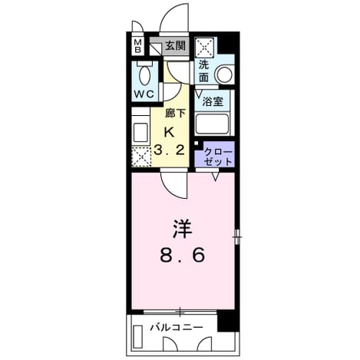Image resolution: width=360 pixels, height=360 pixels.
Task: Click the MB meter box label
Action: pos(138,46)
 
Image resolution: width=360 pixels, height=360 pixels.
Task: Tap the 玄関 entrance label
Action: pos(175,45)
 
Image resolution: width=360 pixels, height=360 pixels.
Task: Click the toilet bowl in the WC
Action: pos(144,75)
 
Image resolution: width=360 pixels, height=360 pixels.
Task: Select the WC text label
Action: pos(144,94)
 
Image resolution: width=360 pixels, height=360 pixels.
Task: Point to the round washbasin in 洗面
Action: pos(225,74)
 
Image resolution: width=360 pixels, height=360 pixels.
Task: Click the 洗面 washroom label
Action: pos(204,71)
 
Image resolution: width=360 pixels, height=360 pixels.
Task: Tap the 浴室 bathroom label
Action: pos(213,101)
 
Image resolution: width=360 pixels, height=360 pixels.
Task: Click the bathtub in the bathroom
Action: pos(212,124)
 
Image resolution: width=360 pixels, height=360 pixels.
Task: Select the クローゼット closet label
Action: pos(219,157)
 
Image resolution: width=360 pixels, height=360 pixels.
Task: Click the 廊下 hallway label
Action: pos(175,113)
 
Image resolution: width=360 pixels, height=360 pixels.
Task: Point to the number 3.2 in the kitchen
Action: pos(170,150)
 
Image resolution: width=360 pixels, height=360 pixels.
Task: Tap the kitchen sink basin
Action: pos(140,132)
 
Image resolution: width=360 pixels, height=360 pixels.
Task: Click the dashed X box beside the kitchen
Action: pos(141,157)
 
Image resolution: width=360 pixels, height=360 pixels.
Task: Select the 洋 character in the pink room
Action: pos(182,229)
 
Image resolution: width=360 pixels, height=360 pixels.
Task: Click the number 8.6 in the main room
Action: pos(183,256)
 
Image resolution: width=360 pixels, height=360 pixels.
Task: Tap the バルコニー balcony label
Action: pos(177,327)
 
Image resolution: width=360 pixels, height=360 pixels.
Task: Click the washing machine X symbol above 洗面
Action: pos(204,48)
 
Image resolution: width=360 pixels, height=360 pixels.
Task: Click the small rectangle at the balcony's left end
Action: pos(138,337)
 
